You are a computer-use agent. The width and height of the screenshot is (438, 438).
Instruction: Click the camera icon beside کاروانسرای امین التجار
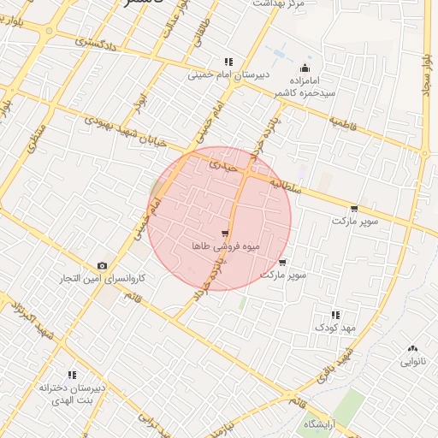pos(103,266)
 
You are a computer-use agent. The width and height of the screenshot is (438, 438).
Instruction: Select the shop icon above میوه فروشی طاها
pos(224,232)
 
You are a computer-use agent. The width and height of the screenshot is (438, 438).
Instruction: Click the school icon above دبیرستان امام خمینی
pos(228,62)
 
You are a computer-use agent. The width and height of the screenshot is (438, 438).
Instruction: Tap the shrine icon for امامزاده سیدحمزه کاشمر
pos(305,68)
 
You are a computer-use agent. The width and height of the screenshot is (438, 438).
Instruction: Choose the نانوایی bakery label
pos(413,361)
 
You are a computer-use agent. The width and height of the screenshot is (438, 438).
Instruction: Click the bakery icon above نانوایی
pos(413,348)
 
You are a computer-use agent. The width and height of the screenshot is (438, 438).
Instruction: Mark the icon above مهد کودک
pos(334,315)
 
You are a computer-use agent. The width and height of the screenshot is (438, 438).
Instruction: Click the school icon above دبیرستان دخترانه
pos(72,375)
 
